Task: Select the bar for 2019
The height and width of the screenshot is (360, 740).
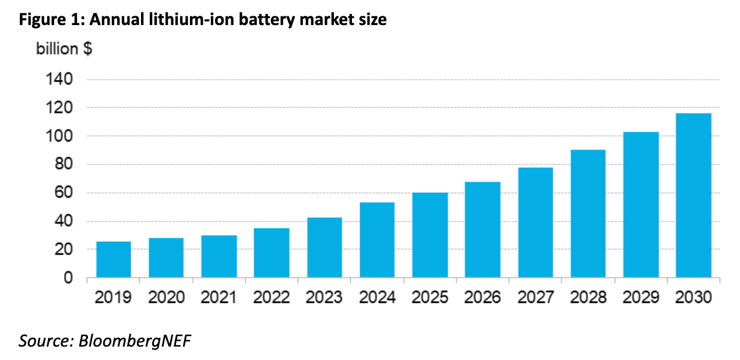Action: pyautogui.click(x=114, y=259)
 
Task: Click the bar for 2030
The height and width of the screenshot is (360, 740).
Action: pyautogui.click(x=693, y=195)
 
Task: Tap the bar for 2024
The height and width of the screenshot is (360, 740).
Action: pyautogui.click(x=377, y=239)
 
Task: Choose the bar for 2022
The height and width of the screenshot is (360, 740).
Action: pyautogui.click(x=272, y=252)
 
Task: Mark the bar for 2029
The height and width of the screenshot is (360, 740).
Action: pyautogui.click(x=641, y=204)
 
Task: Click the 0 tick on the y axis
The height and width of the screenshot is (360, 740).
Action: pyautogui.click(x=68, y=278)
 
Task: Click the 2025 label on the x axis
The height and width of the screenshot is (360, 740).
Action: pyautogui.click(x=430, y=297)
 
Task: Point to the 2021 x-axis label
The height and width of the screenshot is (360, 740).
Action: pyautogui.click(x=219, y=297)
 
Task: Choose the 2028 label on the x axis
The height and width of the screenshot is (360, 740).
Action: pyautogui.click(x=588, y=297)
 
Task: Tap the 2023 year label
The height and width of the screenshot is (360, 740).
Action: pyautogui.click(x=325, y=297)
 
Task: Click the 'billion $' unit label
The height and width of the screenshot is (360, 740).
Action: pyautogui.click(x=64, y=48)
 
